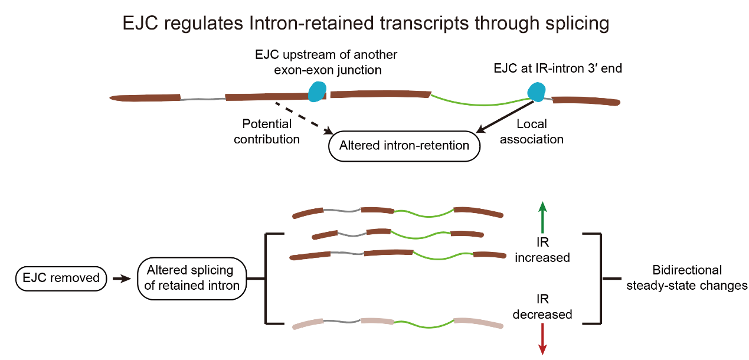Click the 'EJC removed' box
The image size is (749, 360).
pos(61,279)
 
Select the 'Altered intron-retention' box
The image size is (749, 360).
pos(404,146)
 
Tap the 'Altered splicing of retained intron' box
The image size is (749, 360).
pos(192,279)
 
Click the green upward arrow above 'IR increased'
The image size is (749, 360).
pos(542,217)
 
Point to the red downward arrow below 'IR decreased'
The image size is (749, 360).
pos(542,339)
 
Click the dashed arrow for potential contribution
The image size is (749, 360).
pos(305,119)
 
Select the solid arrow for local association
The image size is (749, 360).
pos(505,117)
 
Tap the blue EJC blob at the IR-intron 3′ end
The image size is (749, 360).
pos(537,91)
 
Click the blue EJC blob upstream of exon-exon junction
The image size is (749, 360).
pos(316,91)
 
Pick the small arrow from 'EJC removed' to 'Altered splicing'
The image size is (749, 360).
pos(122,279)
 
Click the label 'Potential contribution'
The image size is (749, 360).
pos(267,132)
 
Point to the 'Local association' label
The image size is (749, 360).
pos(532,132)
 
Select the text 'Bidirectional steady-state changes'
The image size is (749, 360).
pos(687,278)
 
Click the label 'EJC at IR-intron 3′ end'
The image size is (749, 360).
pos(558,68)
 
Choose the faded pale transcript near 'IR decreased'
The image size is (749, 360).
pos(398,323)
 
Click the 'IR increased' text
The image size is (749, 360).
pos(542,250)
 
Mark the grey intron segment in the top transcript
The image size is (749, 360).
pos(202,99)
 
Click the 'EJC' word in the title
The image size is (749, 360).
pos(140,24)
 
